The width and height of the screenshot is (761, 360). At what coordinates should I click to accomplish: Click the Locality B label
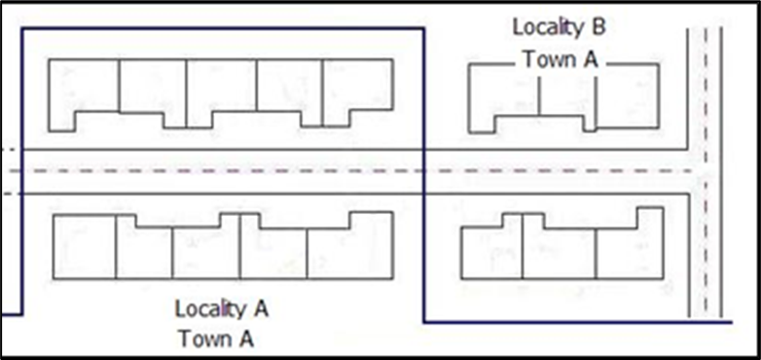coord(559,27)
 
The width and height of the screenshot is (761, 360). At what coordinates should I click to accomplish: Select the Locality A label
coord(221,309)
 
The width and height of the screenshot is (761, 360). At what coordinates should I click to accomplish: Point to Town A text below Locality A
coord(219,339)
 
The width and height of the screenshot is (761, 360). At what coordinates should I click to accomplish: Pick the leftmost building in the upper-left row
coord(84,92)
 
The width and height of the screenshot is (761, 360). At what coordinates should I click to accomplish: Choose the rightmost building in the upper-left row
coord(358,90)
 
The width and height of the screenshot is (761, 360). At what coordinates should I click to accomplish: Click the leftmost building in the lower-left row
coord(85,246)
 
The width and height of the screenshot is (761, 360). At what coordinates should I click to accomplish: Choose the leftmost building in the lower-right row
coord(491,251)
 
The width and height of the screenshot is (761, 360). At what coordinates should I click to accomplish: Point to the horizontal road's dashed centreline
coord(243,171)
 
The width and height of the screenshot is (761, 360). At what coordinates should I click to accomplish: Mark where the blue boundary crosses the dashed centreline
coord(424,171)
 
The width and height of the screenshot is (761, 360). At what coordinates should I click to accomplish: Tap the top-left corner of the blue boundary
coord(21,29)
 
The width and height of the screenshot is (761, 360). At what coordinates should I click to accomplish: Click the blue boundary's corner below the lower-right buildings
coord(424,322)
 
